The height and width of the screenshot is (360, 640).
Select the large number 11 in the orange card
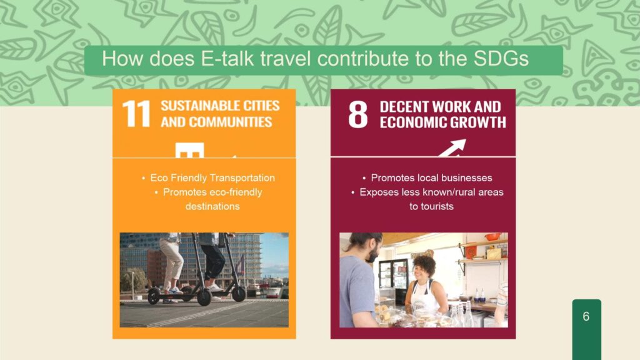pyautogui.click(x=136, y=114)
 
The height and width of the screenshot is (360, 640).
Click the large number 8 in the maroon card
pyautogui.click(x=358, y=114)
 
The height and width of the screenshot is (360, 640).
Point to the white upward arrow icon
pyautogui.click(x=452, y=147)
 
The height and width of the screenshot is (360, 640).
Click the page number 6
pyautogui.click(x=586, y=316)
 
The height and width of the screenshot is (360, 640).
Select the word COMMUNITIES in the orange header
pyautogui.click(x=231, y=122)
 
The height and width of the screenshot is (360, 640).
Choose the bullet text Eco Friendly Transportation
pyautogui.click(x=212, y=178)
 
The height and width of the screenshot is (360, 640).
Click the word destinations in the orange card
pyautogui.click(x=212, y=206)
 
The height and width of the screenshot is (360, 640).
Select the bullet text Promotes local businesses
pyautogui.click(x=431, y=178)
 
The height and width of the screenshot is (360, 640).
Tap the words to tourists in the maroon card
pyautogui.click(x=431, y=206)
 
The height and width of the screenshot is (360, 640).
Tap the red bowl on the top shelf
pyautogui.click(x=493, y=236)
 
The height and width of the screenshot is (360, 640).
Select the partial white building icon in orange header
pyautogui.click(x=190, y=150)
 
